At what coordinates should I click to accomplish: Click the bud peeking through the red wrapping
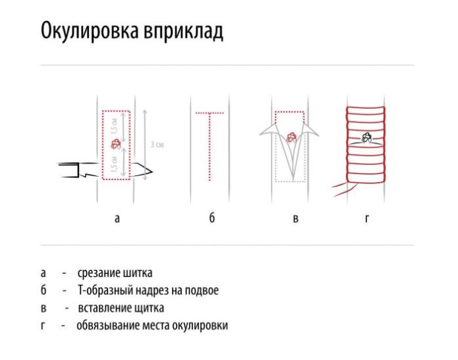coord(366,138)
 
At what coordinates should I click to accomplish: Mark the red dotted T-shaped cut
coord(209,142)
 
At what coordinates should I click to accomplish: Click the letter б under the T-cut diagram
coord(211,218)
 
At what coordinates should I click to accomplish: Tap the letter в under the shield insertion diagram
coord(295,218)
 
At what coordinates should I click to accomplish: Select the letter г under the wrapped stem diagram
coord(366,218)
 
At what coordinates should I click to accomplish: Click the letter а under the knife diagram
coord(117,218)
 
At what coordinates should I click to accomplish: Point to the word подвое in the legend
coord(201,290)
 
